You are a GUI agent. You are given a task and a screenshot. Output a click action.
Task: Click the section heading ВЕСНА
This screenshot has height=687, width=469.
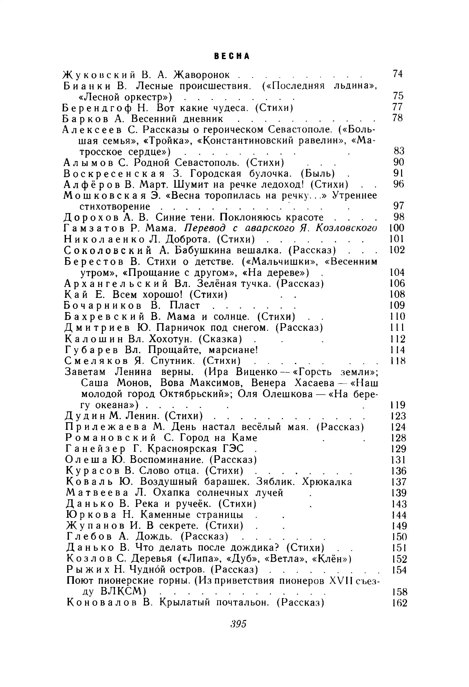tap(232, 56)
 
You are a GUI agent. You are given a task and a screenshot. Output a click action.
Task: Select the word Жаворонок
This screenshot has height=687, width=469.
tap(202, 75)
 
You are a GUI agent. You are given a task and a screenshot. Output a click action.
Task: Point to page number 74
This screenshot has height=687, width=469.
tap(398, 74)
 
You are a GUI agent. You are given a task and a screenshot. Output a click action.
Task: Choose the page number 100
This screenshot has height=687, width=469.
tap(397, 228)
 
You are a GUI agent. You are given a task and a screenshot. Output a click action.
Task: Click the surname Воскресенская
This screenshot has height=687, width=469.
tap(114, 173)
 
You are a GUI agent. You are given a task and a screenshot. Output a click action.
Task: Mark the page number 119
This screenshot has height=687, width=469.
tap(398, 405)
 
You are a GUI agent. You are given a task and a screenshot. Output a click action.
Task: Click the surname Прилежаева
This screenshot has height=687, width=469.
tap(106, 427)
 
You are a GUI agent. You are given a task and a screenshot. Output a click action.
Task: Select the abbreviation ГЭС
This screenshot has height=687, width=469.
tap(233, 449)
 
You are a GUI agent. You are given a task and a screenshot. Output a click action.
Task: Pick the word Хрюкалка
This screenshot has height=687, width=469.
tap(327, 482)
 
